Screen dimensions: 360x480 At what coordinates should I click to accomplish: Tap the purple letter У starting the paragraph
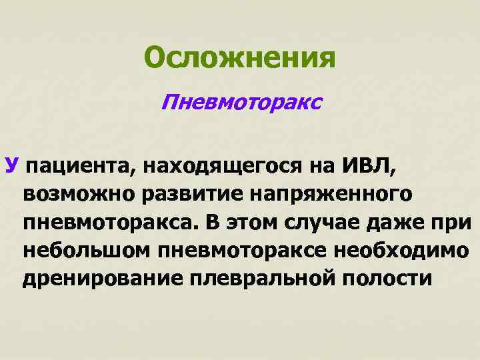tap(11, 164)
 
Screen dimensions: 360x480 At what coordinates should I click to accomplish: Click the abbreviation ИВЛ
tap(367, 164)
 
